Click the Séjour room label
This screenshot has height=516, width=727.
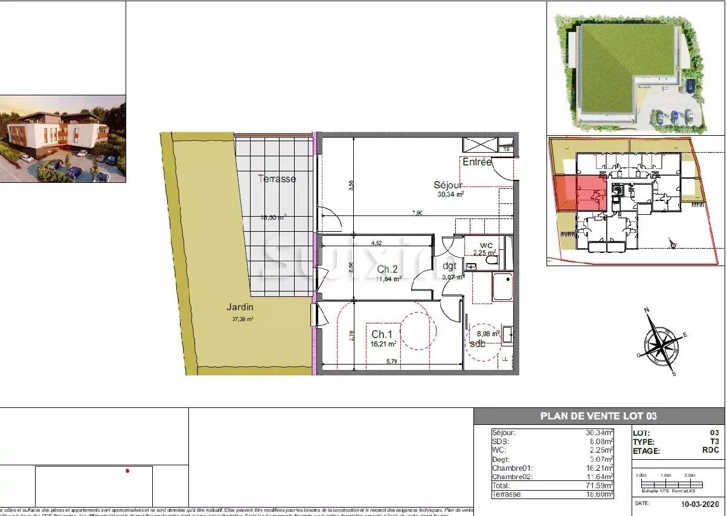pos(448,185)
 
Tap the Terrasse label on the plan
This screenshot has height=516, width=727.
pos(277,179)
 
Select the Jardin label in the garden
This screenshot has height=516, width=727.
pos(242,308)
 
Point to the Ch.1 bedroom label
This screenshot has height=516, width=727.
pos(382,334)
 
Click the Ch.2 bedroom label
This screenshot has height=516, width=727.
pos(387,269)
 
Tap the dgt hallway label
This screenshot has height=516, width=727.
pos(449,266)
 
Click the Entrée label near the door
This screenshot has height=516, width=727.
pos(477,162)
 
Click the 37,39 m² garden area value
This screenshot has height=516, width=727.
pos(243,319)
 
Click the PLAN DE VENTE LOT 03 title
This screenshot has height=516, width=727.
pos(598,416)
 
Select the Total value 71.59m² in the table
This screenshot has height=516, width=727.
pos(599,485)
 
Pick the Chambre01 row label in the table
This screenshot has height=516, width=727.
pos(512,468)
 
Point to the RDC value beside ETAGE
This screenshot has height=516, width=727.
pos(711,450)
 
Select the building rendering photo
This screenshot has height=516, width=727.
pos(63,139)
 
